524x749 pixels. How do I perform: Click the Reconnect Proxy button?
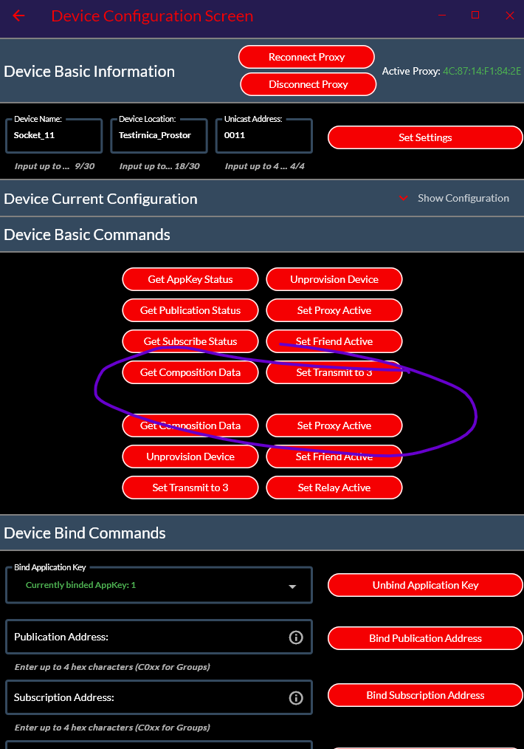(x=306, y=58)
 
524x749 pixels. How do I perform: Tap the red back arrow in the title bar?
(x=18, y=16)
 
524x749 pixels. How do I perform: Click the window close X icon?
(x=510, y=16)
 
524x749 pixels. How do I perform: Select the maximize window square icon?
(x=475, y=15)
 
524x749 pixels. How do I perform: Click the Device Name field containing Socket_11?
(x=54, y=136)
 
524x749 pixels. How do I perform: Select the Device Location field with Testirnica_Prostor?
(x=159, y=136)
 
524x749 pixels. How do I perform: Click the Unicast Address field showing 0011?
(x=264, y=136)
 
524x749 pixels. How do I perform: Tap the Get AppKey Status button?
(x=190, y=279)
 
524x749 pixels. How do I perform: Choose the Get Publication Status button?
(x=190, y=310)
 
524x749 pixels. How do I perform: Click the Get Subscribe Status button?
(x=190, y=341)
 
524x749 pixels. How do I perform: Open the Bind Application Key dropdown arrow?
(x=292, y=586)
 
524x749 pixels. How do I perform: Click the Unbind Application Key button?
(x=425, y=585)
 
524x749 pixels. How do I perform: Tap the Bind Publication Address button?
(x=425, y=638)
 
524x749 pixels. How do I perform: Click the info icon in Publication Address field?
(x=296, y=637)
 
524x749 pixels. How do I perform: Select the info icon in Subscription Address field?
(x=296, y=698)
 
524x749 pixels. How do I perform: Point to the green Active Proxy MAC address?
(x=482, y=71)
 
